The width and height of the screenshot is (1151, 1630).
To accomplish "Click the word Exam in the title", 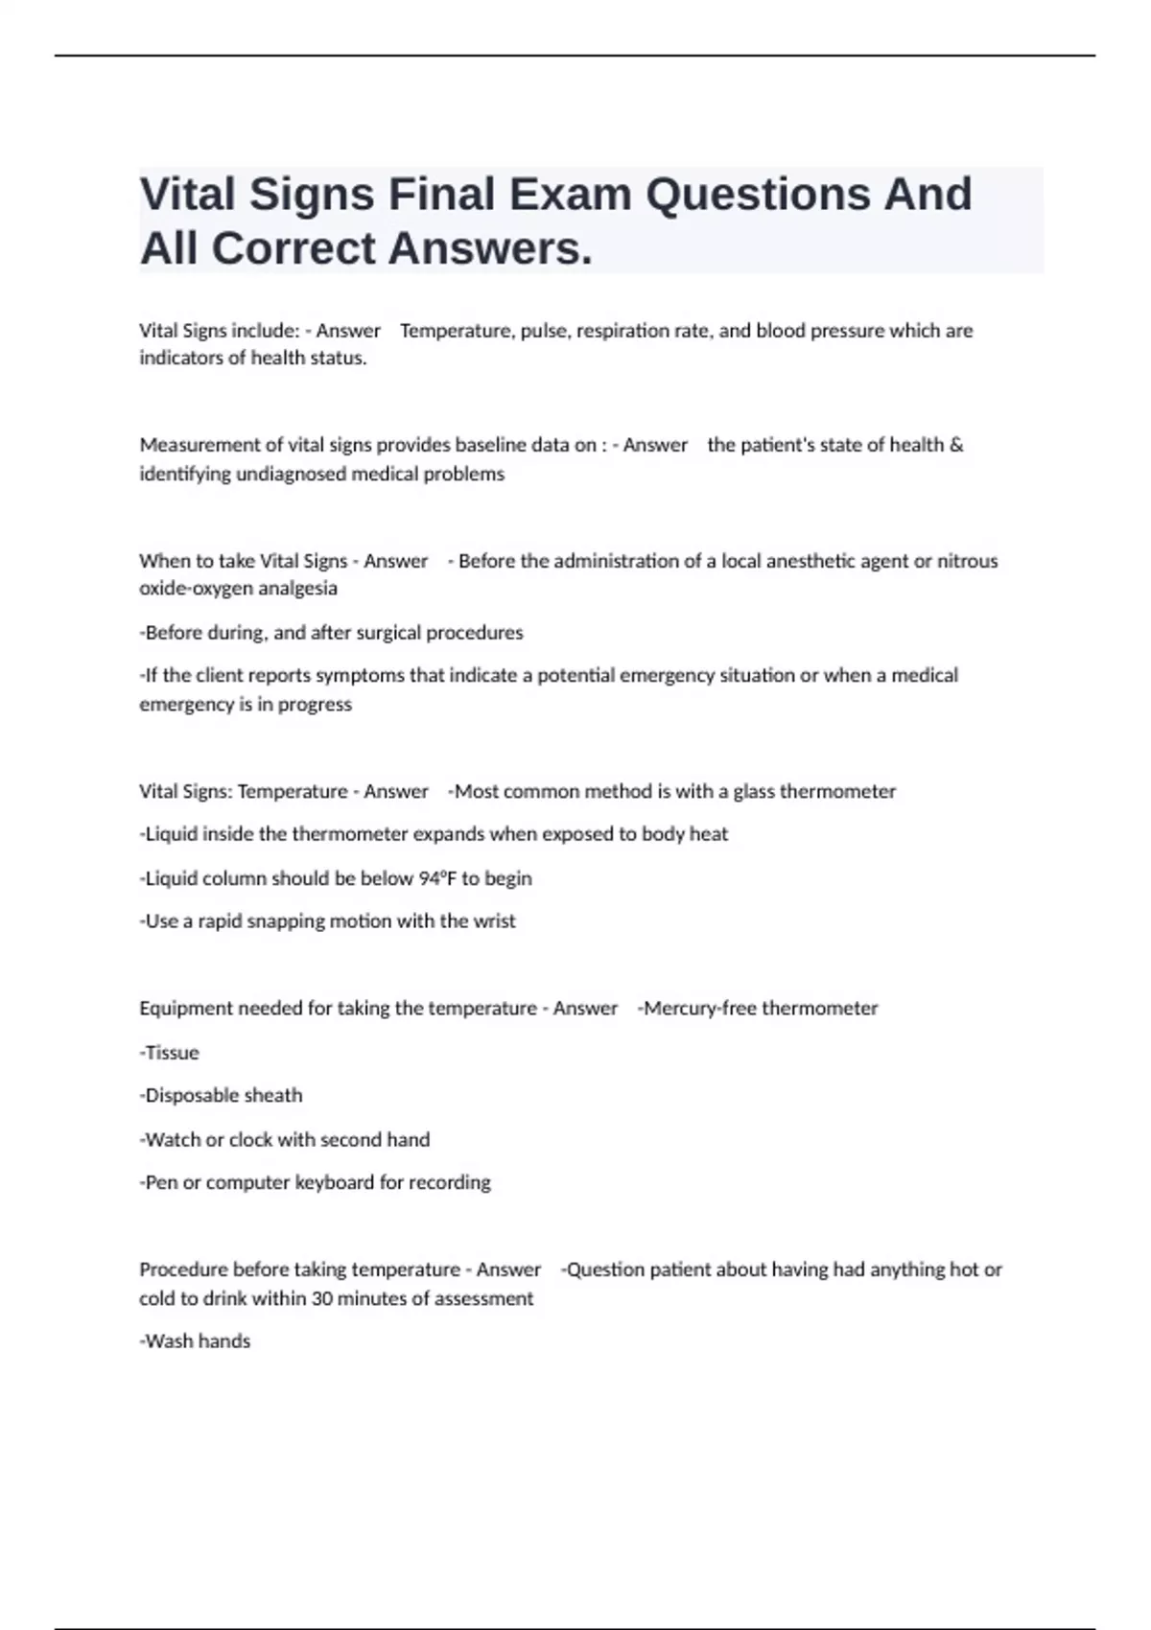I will (x=571, y=194).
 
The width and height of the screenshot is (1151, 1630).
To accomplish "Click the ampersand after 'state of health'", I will (x=956, y=445).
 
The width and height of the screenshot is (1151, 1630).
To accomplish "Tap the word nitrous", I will (x=968, y=561).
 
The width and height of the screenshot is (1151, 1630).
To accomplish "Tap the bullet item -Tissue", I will (x=170, y=1053).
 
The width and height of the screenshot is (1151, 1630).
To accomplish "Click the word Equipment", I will (x=186, y=1009).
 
